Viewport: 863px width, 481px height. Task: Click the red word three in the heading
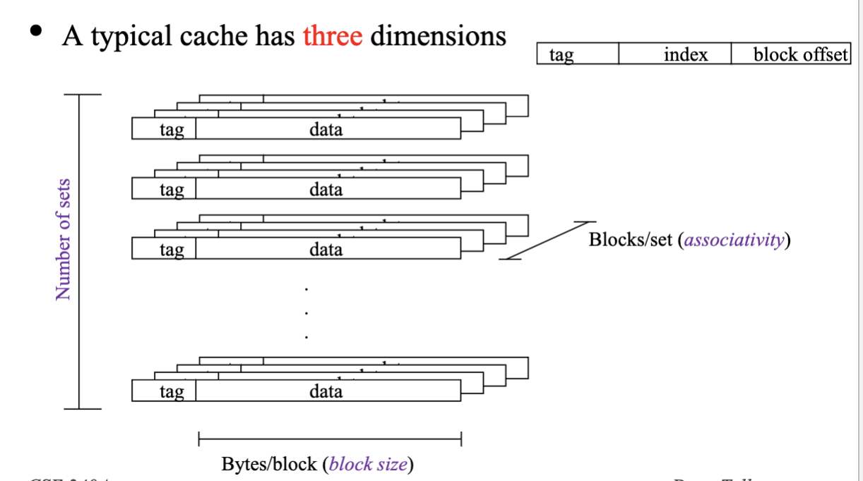(x=332, y=35)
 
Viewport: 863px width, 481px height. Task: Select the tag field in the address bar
(x=577, y=54)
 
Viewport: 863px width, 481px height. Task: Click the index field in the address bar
(x=674, y=54)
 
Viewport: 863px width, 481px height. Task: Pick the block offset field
(x=790, y=54)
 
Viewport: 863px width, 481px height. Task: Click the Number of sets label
(x=63, y=238)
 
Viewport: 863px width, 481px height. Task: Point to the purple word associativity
(x=734, y=240)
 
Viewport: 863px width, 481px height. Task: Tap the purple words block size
(x=368, y=464)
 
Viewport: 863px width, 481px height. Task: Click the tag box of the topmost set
(x=164, y=129)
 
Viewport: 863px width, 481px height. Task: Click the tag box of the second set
(x=164, y=189)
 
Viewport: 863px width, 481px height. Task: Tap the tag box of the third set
(x=164, y=249)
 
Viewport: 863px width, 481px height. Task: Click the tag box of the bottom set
(x=164, y=391)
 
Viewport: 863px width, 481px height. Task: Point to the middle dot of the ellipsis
(x=306, y=313)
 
